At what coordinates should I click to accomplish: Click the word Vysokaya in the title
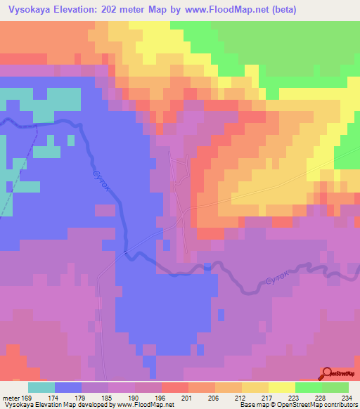[x=30, y=10]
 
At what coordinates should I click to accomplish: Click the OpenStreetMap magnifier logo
[x=328, y=375]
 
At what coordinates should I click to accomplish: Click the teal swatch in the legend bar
[x=41, y=387]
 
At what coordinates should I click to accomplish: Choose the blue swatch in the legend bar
[x=68, y=387]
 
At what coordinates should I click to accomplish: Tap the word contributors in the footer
[x=341, y=405]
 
